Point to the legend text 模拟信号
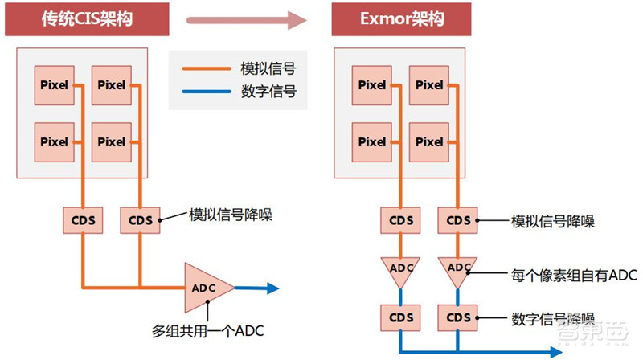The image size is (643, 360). (268, 69)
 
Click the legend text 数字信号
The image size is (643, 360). (268, 92)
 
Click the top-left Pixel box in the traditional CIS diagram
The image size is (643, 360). (55, 85)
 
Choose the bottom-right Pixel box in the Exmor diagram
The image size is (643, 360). (430, 141)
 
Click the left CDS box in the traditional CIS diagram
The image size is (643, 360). (83, 218)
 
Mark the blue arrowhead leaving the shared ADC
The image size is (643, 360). (272, 287)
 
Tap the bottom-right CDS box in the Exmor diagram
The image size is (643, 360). (458, 317)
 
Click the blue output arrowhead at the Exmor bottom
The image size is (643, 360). (555, 352)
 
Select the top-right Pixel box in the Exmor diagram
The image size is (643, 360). (430, 85)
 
